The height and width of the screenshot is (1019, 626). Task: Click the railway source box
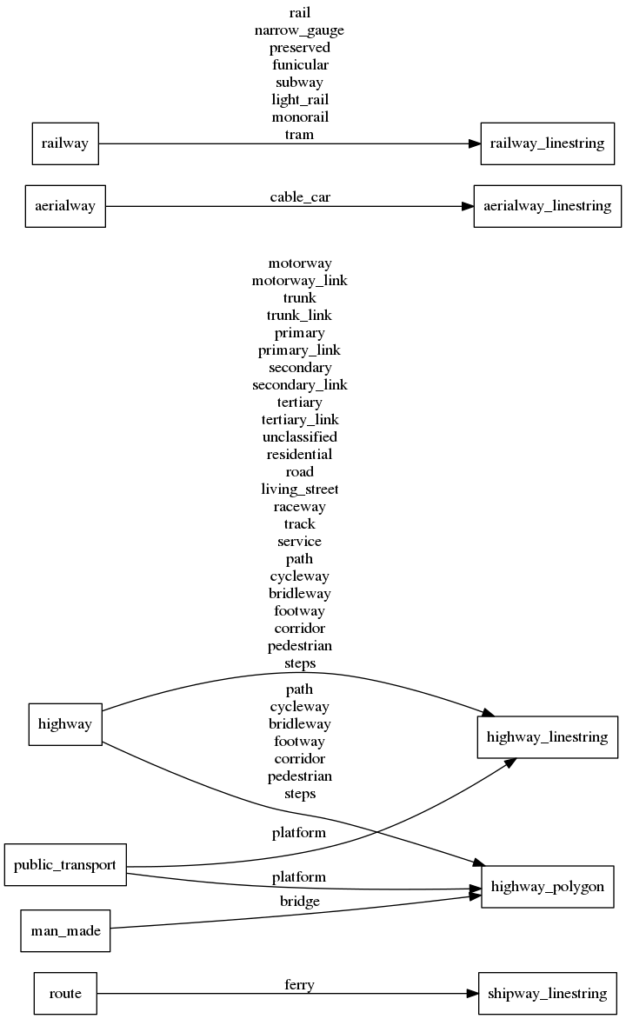(x=65, y=143)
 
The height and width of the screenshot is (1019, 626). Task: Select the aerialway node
(x=65, y=206)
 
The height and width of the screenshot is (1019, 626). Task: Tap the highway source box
(x=65, y=723)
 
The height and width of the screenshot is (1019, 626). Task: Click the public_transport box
(x=65, y=864)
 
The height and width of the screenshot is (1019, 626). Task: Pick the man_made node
(x=65, y=931)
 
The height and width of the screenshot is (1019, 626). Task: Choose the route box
(x=65, y=993)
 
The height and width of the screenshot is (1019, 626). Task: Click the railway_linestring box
(x=547, y=143)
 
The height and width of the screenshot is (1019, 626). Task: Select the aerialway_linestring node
(x=547, y=206)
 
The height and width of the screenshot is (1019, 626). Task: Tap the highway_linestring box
(x=547, y=737)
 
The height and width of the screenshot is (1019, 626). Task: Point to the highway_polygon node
(x=547, y=887)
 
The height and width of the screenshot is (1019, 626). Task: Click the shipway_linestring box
(x=547, y=993)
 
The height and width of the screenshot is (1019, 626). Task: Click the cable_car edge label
(x=300, y=197)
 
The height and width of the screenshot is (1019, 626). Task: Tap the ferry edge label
(x=299, y=984)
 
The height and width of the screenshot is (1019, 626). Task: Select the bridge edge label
(x=300, y=902)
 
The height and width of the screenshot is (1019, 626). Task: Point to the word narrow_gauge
(x=299, y=30)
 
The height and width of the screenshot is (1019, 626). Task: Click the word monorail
(x=299, y=117)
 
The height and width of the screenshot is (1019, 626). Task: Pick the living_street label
(x=299, y=489)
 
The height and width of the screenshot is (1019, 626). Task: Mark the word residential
(x=299, y=454)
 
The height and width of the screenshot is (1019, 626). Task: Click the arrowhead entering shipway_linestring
(x=470, y=993)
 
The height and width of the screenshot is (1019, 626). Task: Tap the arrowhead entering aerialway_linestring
(x=466, y=206)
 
